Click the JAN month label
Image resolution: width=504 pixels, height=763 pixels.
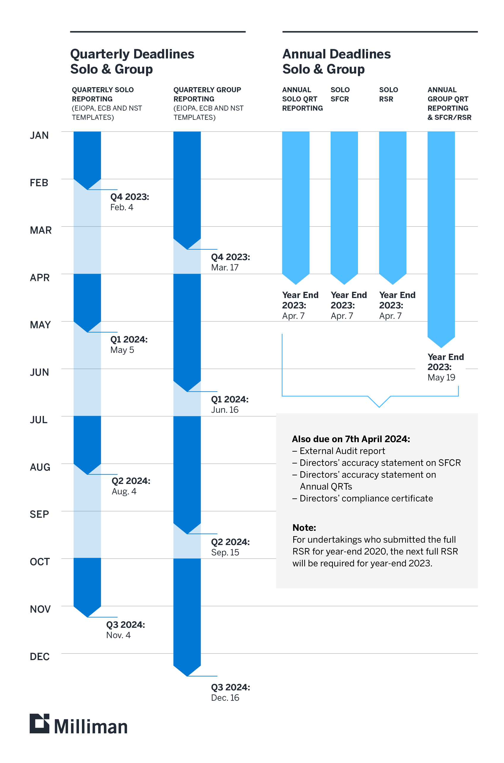[39, 135]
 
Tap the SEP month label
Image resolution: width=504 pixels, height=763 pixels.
[39, 514]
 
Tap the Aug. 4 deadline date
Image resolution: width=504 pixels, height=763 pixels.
[124, 491]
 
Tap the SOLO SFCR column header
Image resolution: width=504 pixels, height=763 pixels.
[340, 94]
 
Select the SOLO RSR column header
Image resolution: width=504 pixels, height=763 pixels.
[388, 94]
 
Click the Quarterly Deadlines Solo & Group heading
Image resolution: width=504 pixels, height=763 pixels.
[132, 61]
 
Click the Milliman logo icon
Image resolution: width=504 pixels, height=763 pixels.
[39, 724]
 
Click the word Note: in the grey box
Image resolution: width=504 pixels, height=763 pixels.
[304, 528]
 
